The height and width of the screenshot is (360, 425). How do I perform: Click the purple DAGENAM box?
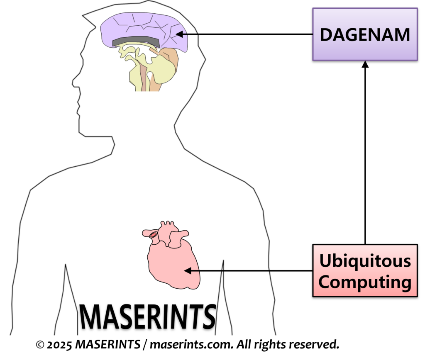365,34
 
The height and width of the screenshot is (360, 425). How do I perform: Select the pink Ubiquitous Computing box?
365,270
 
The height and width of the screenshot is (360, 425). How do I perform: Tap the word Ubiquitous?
365,261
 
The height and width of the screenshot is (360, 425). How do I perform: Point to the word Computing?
365,282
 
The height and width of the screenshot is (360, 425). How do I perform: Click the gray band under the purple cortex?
135,41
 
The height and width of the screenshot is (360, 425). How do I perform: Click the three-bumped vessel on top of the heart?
168,226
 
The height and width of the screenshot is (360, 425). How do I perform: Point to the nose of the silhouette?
75,81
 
